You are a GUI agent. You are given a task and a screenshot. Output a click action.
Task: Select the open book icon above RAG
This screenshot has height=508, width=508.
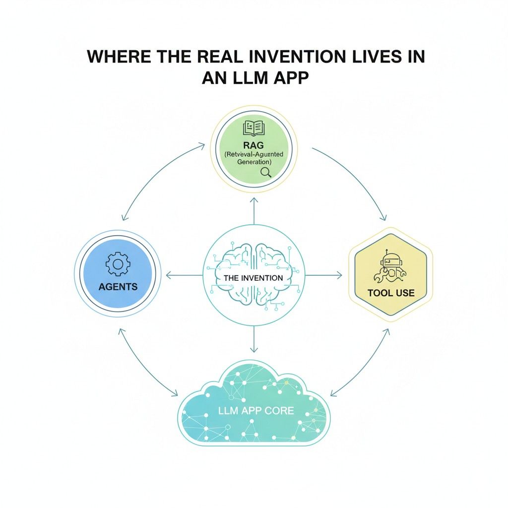tap(254, 128)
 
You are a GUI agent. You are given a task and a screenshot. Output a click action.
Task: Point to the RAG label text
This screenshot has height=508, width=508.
tap(254, 145)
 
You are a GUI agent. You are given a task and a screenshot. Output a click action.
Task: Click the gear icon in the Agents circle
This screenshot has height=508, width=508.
tap(118, 264)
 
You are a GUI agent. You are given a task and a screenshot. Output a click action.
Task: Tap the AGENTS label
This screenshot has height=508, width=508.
tap(118, 287)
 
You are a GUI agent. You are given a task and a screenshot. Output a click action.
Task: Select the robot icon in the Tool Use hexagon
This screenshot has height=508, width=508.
tap(391, 265)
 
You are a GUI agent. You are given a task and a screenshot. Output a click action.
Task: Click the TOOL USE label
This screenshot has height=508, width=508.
tap(391, 293)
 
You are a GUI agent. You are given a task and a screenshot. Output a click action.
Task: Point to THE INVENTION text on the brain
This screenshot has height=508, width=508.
tap(254, 278)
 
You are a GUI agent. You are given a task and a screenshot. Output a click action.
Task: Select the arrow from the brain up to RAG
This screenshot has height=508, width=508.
tap(254, 211)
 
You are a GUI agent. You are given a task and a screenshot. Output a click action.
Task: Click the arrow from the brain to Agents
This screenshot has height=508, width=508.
tap(184, 275)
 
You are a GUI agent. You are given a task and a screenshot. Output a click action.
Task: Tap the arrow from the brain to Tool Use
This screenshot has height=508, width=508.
tap(323, 275)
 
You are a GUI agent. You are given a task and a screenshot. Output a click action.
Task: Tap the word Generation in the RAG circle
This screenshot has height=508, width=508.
tap(254, 162)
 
